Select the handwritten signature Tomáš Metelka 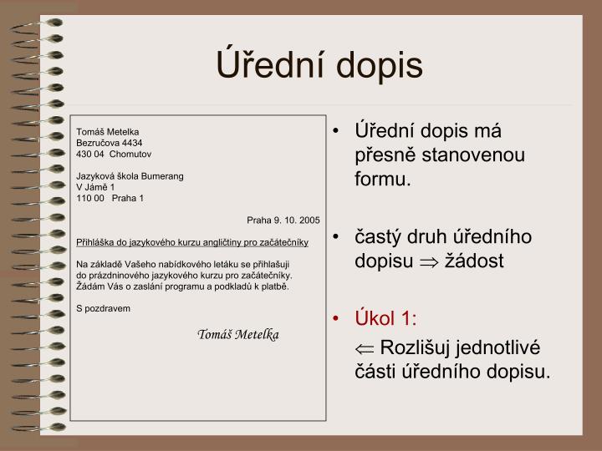238,335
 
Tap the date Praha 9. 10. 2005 283,220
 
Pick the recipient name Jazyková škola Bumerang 130,176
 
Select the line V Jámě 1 95,187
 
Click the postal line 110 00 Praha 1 110,198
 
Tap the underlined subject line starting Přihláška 192,242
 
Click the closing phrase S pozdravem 104,308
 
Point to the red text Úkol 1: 385,318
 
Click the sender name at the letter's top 107,132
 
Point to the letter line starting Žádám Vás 182,286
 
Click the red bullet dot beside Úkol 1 336,318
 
